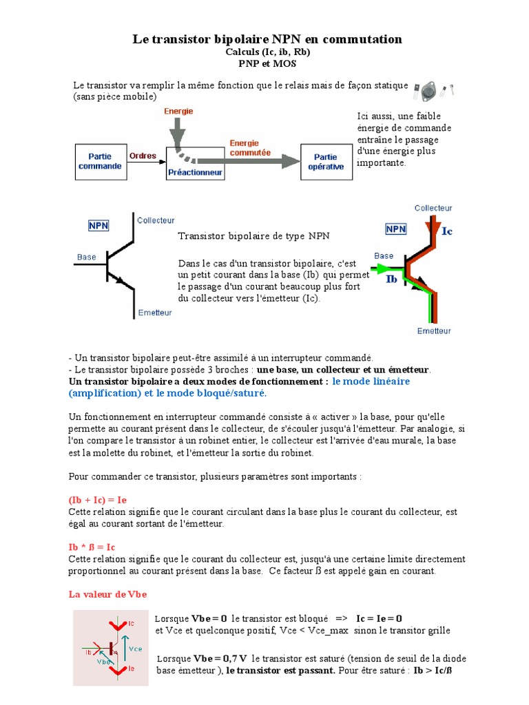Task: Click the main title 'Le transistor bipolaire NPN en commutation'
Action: tap(267, 39)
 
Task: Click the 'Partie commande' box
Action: tap(100, 161)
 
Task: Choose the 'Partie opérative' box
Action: tap(326, 161)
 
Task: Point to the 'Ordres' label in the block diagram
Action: tap(143, 156)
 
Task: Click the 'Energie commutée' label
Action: tap(249, 147)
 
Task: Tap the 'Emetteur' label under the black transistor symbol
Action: tap(155, 312)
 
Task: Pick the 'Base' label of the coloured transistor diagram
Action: tap(384, 254)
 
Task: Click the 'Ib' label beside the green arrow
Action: tap(391, 279)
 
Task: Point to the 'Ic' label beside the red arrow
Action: tap(446, 231)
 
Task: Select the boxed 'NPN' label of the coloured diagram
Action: tap(395, 229)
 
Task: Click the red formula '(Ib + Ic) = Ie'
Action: tap(98, 499)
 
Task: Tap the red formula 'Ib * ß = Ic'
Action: tap(92, 546)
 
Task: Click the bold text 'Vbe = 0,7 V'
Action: tap(219, 657)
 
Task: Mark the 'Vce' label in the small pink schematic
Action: tap(135, 647)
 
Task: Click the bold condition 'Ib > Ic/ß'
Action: tap(431, 670)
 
